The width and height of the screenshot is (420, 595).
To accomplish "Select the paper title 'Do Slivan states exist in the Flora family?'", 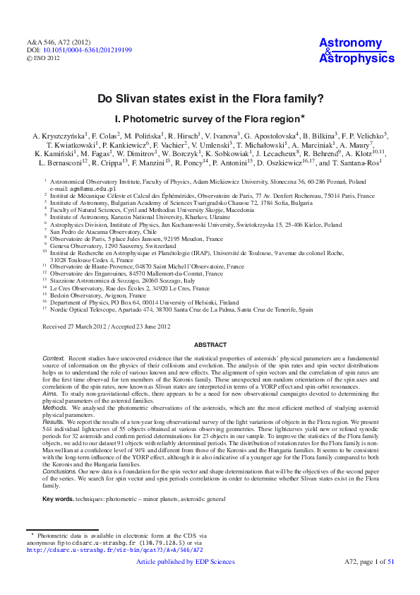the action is click(210, 100).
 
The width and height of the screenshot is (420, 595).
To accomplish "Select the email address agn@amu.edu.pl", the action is click(76, 189).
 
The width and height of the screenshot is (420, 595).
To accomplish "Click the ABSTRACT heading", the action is click(210, 345).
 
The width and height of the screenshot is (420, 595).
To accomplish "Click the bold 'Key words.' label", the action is click(59, 500).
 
